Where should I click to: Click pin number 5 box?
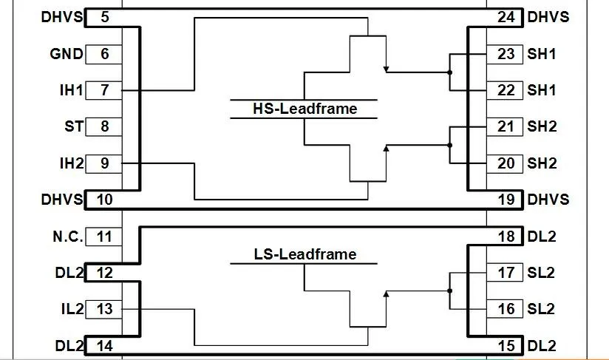(104, 18)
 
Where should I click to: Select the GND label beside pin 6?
(67, 54)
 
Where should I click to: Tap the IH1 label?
(72, 90)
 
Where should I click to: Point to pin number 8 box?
(103, 126)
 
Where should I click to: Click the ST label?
(74, 126)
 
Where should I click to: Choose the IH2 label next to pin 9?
(72, 163)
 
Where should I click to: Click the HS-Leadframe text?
(305, 109)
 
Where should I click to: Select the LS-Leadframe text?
(305, 254)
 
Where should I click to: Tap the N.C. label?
(68, 237)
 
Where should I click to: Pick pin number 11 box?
(103, 237)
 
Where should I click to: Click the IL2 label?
(72, 309)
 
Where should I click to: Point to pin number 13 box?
(103, 309)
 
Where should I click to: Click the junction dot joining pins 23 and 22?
(450, 72)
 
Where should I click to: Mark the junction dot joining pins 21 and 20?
(450, 145)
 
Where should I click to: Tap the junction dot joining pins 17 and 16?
(450, 291)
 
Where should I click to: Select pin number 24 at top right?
(506, 18)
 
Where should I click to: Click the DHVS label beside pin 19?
(548, 200)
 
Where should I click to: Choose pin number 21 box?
(505, 126)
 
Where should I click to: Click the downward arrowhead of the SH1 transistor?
(386, 69)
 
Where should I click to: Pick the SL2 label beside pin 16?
(541, 309)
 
